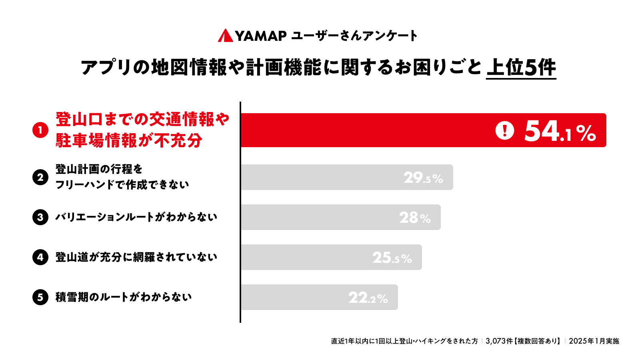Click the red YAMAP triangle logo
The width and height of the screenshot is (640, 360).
(225, 36)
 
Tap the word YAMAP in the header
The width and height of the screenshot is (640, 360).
(260, 36)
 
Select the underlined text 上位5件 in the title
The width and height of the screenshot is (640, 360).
(521, 67)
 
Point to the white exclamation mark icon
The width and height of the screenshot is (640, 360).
(504, 130)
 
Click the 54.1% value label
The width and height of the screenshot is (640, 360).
(560, 131)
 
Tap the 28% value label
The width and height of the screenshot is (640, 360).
(415, 218)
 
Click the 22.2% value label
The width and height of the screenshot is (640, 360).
(368, 298)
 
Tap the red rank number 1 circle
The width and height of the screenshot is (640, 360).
(40, 130)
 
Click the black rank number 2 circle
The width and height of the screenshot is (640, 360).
(40, 177)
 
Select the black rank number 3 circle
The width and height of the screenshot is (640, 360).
(40, 217)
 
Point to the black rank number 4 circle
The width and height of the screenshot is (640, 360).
(40, 257)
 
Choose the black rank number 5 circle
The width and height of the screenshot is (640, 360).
(40, 297)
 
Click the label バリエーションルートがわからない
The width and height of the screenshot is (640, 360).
(136, 217)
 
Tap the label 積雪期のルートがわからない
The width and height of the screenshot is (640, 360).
(124, 297)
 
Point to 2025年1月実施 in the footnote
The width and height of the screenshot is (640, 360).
(594, 341)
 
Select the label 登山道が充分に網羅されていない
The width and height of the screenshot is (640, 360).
(136, 257)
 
